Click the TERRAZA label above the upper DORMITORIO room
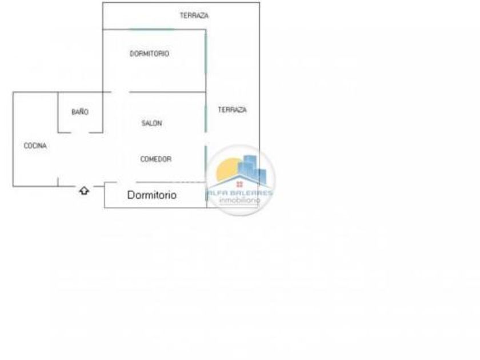click(194, 15)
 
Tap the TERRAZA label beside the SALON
click(232, 110)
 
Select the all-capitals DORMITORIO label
click(149, 54)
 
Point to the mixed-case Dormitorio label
click(152, 195)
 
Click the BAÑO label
click(80, 112)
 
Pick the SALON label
click(151, 123)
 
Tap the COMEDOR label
click(155, 159)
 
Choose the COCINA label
click(35, 146)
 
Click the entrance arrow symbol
click(84, 190)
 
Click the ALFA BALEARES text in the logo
click(240, 193)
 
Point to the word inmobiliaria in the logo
click(240, 200)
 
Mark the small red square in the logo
click(239, 184)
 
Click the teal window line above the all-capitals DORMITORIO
click(151, 29)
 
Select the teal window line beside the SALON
click(206, 117)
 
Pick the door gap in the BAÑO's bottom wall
click(80, 132)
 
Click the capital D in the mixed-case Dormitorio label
click(131, 195)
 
